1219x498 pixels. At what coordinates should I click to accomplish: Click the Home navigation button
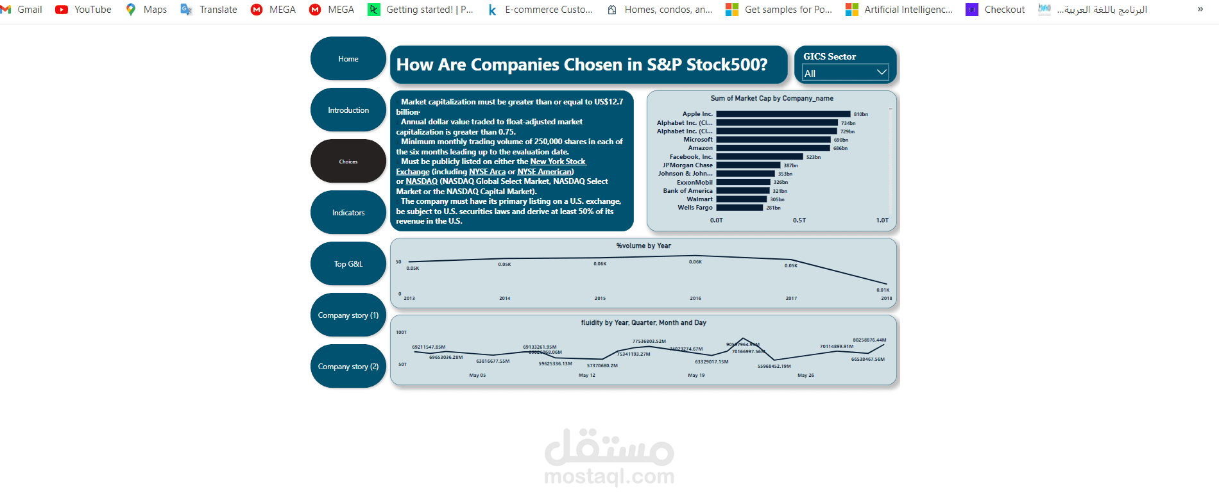tap(348, 59)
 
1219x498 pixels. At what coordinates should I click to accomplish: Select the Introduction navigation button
tap(348, 110)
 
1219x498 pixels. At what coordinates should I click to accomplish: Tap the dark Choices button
tap(348, 162)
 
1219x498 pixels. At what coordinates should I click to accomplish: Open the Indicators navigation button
tap(348, 213)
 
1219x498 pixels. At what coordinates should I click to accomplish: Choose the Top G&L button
tap(348, 264)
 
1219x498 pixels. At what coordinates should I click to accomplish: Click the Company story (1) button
tap(348, 315)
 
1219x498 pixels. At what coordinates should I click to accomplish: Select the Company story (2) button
tap(348, 367)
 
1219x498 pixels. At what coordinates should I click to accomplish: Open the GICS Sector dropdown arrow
tap(882, 72)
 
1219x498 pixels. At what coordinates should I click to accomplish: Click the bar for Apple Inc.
tap(783, 114)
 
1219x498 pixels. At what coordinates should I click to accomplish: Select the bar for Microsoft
tap(773, 140)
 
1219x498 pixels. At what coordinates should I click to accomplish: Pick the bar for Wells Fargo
tap(739, 208)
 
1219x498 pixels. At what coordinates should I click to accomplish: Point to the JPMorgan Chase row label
tap(687, 165)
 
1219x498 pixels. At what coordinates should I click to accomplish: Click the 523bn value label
tap(814, 157)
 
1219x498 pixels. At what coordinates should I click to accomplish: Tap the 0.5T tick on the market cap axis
tap(799, 220)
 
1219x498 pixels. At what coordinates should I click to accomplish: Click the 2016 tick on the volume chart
tap(695, 299)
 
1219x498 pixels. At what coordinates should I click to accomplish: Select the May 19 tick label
tap(696, 376)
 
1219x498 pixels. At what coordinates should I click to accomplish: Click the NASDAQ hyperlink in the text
tap(422, 181)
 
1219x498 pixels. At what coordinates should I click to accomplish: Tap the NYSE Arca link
tap(487, 172)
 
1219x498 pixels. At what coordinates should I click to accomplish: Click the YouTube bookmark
tap(83, 10)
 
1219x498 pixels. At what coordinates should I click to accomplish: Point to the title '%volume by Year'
tap(644, 246)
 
